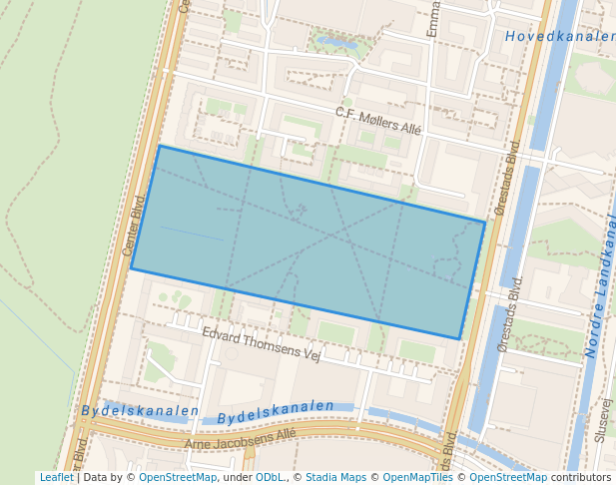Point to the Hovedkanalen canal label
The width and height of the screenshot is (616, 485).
coord(559,37)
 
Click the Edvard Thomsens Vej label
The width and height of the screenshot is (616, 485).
coord(261,344)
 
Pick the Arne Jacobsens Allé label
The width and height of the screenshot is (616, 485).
coord(241,438)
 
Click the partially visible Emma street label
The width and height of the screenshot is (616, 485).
coord(433,20)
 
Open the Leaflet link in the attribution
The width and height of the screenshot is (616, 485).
coord(57,478)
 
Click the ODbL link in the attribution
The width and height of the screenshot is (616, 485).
coord(270,478)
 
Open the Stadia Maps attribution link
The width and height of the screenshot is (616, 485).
coord(335,478)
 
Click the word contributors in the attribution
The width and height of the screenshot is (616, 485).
coord(581,478)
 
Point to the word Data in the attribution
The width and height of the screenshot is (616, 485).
coord(96,478)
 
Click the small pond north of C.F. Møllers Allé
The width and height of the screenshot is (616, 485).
coord(337,44)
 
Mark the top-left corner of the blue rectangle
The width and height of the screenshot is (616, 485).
coord(159,147)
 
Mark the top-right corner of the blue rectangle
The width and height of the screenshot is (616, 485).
coord(485,222)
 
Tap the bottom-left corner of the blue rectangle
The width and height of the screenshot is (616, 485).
coord(132,268)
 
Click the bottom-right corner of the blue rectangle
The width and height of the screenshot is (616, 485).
coord(459,339)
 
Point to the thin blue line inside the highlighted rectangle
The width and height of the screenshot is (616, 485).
coord(192,234)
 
